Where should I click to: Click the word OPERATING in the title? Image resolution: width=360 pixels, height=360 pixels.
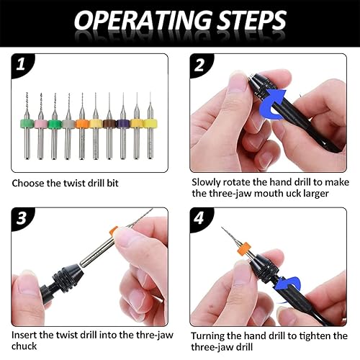click(143, 20)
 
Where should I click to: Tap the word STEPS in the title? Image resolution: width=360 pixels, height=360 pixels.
click(252, 20)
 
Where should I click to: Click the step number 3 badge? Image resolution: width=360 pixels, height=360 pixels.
click(21, 218)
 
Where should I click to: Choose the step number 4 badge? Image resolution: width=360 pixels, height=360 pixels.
click(199, 218)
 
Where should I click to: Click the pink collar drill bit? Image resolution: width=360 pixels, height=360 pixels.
click(40, 126)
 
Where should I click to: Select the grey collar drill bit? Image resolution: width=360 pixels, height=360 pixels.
click(68, 126)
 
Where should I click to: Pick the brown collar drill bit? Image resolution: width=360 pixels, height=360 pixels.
click(109, 126)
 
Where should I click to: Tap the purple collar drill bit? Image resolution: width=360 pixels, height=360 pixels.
click(123, 126)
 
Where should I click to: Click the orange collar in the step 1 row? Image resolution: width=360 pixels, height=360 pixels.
click(82, 124)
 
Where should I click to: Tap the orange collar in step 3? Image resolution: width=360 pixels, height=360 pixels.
click(114, 230)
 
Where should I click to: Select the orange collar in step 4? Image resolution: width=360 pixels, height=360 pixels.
click(244, 249)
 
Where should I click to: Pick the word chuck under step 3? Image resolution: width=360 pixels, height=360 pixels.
click(24, 346)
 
